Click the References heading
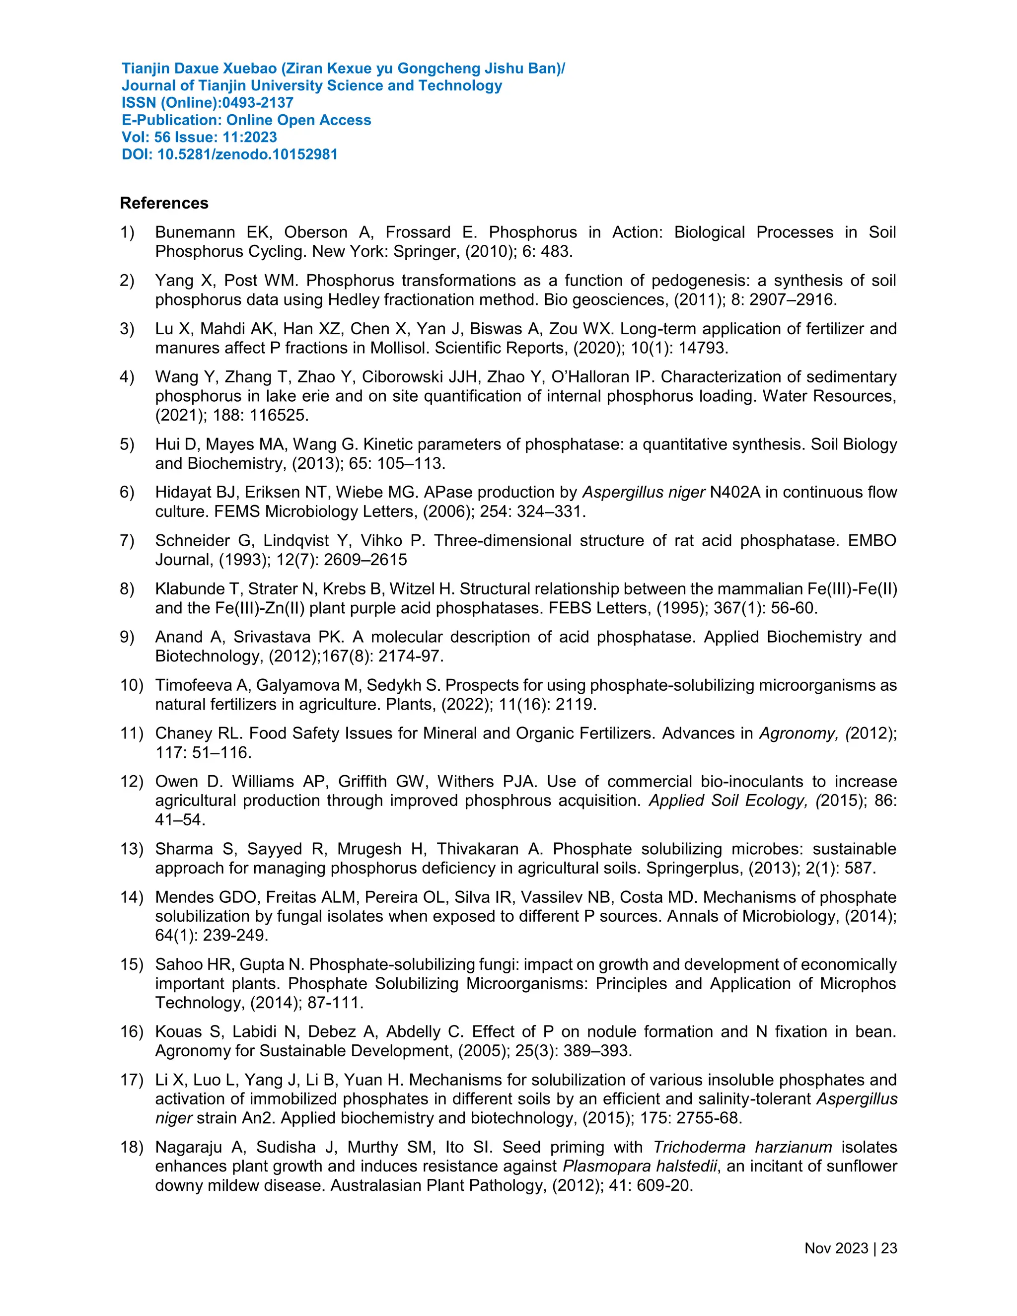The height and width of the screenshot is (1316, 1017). (164, 203)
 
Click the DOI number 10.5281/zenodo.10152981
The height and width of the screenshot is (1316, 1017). (247, 154)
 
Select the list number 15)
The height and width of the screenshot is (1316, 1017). (132, 965)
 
